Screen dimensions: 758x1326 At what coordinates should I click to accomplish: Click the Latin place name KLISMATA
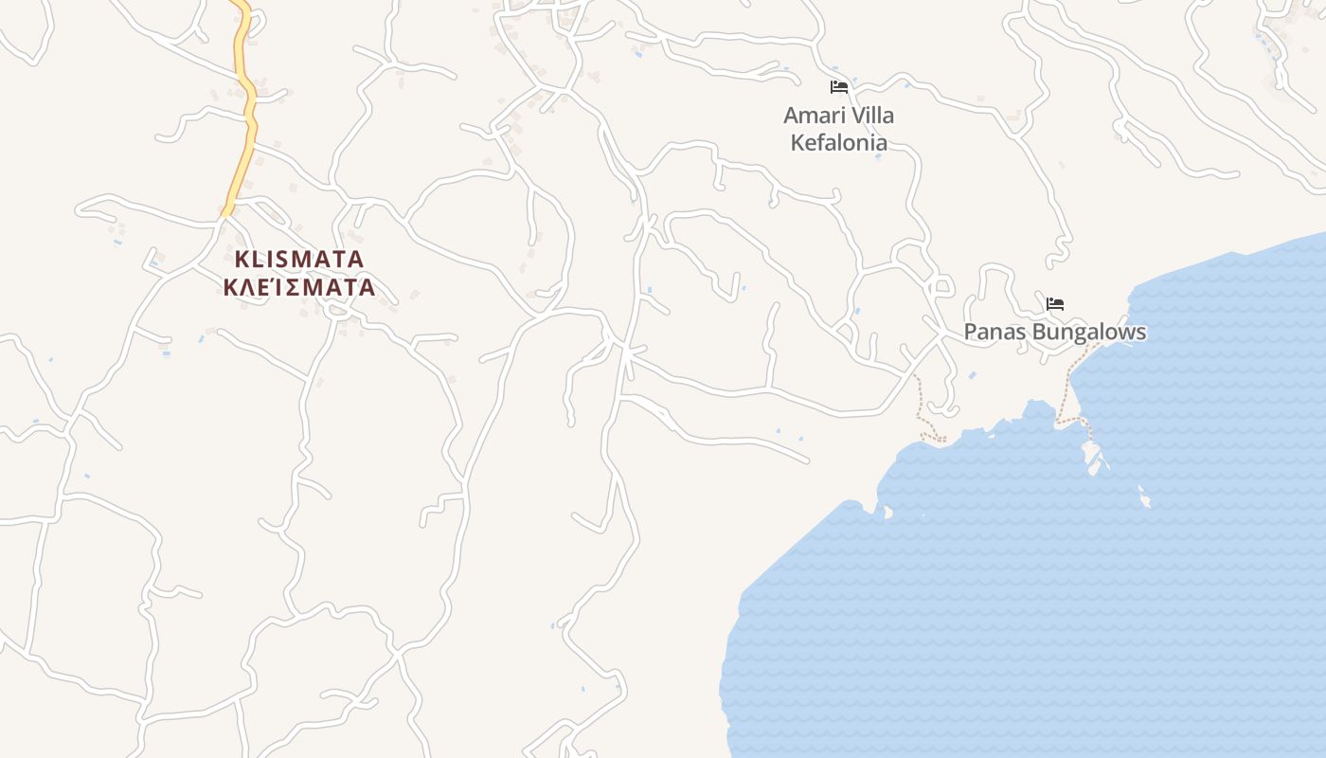point(299,259)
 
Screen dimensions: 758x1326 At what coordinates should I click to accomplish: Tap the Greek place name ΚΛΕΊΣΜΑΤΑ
point(299,287)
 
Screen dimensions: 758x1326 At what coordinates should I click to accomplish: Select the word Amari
point(813,116)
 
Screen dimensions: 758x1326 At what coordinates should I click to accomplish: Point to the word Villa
point(871,116)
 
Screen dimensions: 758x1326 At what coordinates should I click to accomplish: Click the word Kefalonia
point(839,143)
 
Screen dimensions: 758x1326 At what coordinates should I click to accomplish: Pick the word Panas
point(994,333)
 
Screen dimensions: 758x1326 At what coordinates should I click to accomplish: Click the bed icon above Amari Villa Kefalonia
point(838,87)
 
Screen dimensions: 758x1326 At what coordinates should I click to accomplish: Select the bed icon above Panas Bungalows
point(1055,304)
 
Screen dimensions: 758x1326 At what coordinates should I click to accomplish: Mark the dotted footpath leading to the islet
point(1071,388)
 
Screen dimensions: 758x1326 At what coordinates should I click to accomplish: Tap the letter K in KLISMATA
point(242,259)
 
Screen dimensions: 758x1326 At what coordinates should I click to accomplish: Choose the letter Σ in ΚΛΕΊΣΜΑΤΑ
point(297,287)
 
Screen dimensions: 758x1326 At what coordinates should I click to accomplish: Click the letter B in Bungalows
point(1038,333)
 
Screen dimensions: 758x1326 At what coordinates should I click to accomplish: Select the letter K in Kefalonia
point(797,143)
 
